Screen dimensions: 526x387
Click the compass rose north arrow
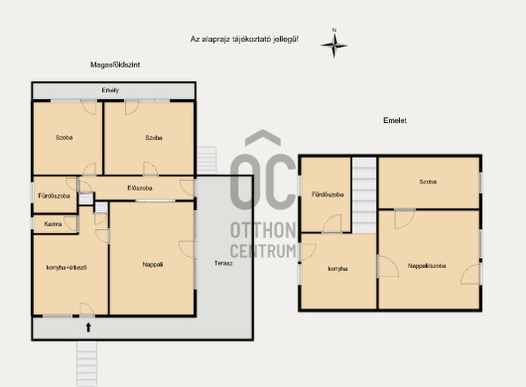point(334,45)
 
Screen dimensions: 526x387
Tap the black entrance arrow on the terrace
point(88,327)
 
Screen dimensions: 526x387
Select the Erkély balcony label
point(110,90)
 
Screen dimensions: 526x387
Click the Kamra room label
point(53,224)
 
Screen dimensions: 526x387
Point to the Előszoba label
point(140,189)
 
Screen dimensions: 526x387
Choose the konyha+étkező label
point(66,268)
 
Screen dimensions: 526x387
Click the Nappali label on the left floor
point(153,265)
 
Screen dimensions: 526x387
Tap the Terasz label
point(223,263)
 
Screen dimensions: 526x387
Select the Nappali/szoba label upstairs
point(427,266)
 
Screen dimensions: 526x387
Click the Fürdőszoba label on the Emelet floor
point(328,194)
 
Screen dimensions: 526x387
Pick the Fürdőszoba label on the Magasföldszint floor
point(54,195)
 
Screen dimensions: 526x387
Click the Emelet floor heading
point(395,120)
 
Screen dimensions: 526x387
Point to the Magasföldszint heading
point(115,64)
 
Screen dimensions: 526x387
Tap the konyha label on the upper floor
point(337,269)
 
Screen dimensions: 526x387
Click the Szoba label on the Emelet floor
point(428,182)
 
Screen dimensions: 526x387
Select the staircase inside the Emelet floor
point(364,195)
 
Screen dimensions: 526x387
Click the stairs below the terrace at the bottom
point(86,363)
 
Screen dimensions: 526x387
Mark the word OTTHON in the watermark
point(263,230)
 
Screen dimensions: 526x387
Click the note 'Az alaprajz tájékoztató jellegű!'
point(244,40)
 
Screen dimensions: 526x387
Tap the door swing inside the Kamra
point(71,224)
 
